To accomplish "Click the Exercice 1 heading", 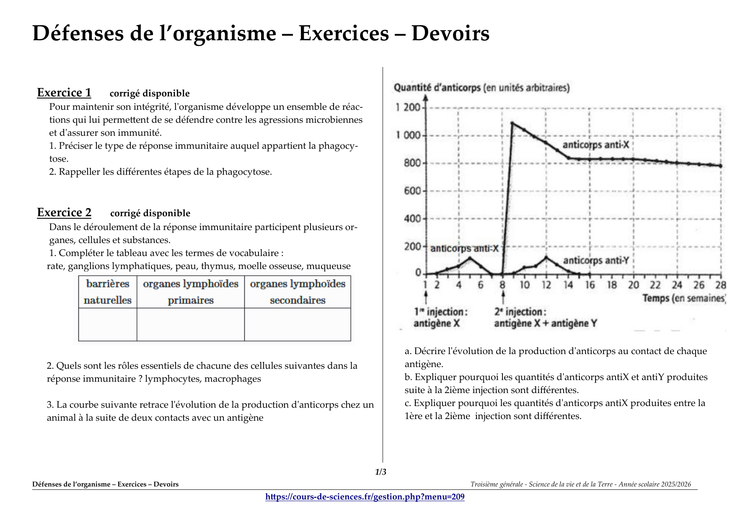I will click(64, 93).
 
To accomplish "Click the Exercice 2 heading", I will click(64, 212).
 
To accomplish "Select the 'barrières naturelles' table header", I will click(108, 292).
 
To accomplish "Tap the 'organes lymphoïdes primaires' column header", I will click(191, 292).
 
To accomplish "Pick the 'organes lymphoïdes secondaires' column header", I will click(298, 292).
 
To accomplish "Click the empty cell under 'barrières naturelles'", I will click(108, 325).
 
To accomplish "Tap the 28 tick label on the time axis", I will click(720, 285).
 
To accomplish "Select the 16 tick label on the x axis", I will click(590, 285).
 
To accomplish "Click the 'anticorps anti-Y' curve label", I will click(596, 261).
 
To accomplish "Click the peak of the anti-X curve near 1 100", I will click(512, 123).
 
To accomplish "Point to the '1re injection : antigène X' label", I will click(440, 318).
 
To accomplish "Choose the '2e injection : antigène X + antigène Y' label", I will click(545, 318).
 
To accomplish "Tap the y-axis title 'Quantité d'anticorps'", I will click(481, 88).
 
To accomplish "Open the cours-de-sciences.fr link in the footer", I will click(365, 497).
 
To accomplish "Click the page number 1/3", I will click(380, 472).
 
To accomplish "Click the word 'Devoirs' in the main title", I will click(450, 34).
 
